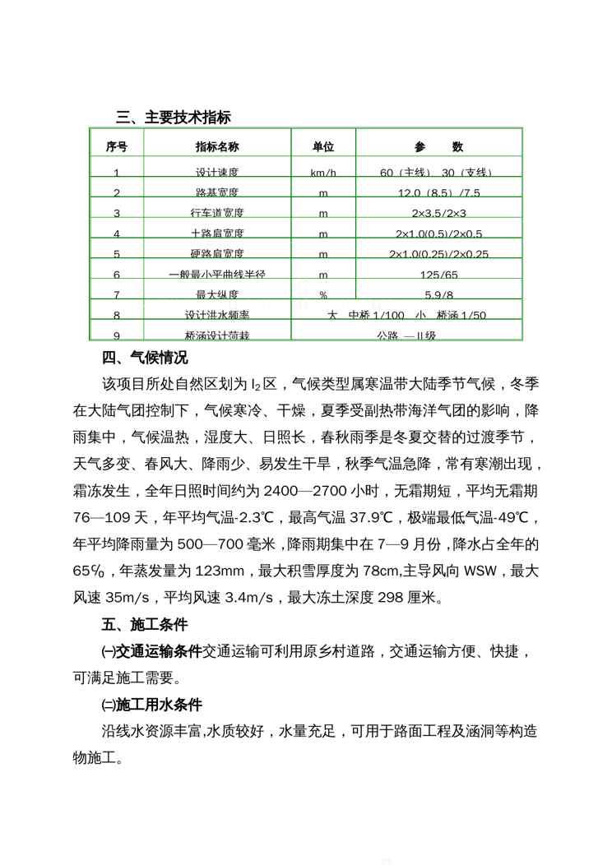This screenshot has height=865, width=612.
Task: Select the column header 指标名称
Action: click(x=216, y=147)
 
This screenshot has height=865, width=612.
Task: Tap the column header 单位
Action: click(x=323, y=147)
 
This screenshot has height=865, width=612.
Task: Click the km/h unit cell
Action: click(x=323, y=173)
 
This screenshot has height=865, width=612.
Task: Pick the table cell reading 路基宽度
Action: click(x=216, y=193)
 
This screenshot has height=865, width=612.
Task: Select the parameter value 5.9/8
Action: click(x=438, y=294)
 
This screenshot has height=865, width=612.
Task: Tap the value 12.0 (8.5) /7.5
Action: click(x=438, y=193)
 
